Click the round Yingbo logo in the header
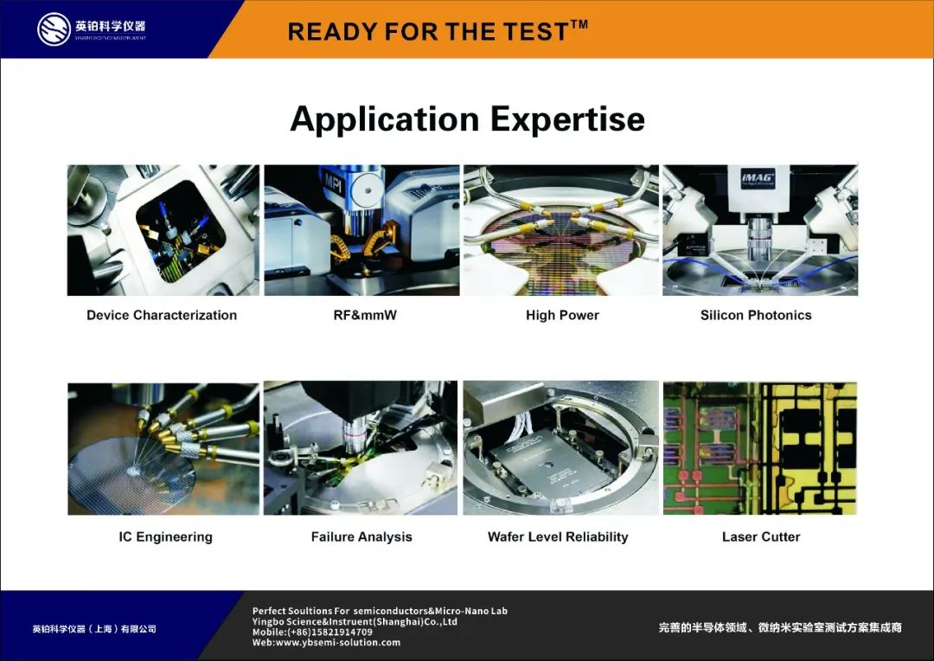pyautogui.click(x=54, y=29)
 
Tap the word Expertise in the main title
pyautogui.click(x=567, y=119)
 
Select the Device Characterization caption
pyautogui.click(x=162, y=315)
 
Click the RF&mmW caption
pyautogui.click(x=365, y=315)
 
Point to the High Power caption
pyautogui.click(x=562, y=315)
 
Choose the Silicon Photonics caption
pyautogui.click(x=756, y=315)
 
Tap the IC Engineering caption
pyautogui.click(x=165, y=537)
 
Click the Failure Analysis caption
pyautogui.click(x=361, y=537)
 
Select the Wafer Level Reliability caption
pyautogui.click(x=558, y=537)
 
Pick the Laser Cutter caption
pyautogui.click(x=761, y=537)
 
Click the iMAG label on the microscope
pyautogui.click(x=758, y=177)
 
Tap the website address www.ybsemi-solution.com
pyautogui.click(x=338, y=643)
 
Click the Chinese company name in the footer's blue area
pyautogui.click(x=94, y=629)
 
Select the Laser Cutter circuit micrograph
pyautogui.click(x=760, y=448)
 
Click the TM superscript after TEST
pyautogui.click(x=579, y=24)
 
